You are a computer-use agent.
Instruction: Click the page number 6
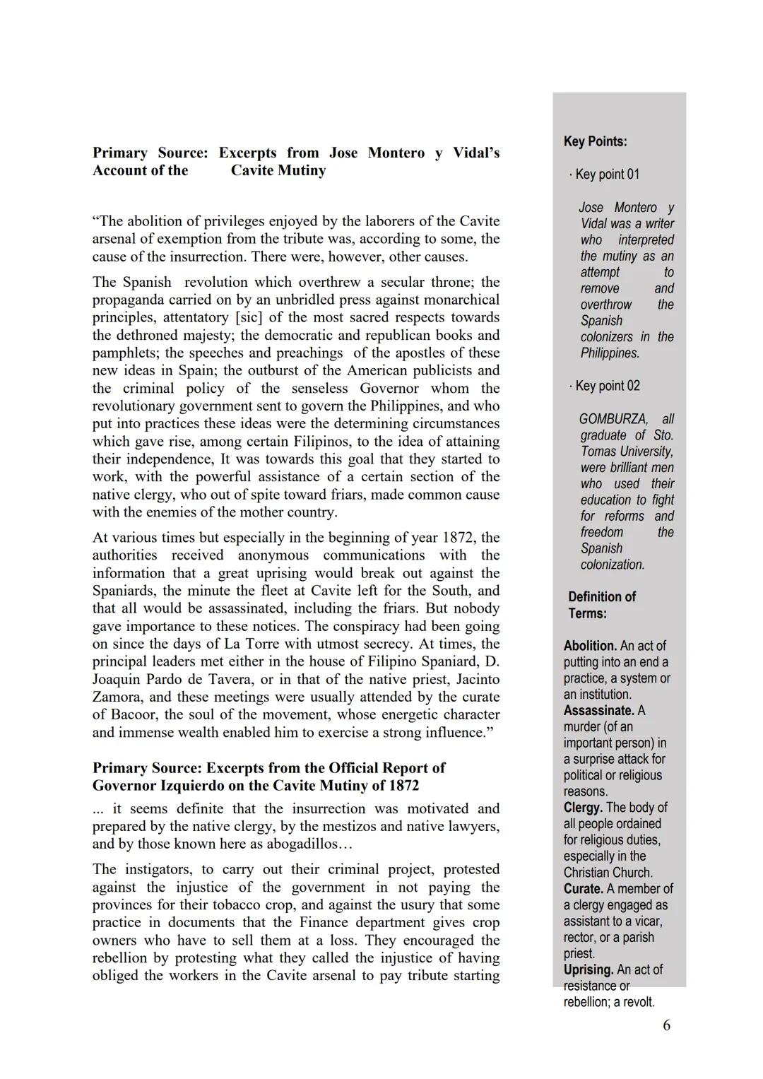[x=666, y=1025]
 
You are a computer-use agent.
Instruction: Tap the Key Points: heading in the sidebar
[x=595, y=141]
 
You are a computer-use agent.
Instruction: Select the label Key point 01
[x=607, y=174]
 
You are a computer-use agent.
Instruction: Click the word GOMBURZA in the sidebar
[x=613, y=419]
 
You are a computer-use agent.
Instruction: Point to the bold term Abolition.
[x=590, y=646]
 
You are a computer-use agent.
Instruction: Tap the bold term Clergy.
[x=583, y=808]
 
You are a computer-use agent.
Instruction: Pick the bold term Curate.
[x=584, y=889]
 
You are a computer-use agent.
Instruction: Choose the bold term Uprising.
[x=588, y=970]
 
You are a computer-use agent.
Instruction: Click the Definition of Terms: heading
[x=601, y=605]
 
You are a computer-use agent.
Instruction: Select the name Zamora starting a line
[x=115, y=697]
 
